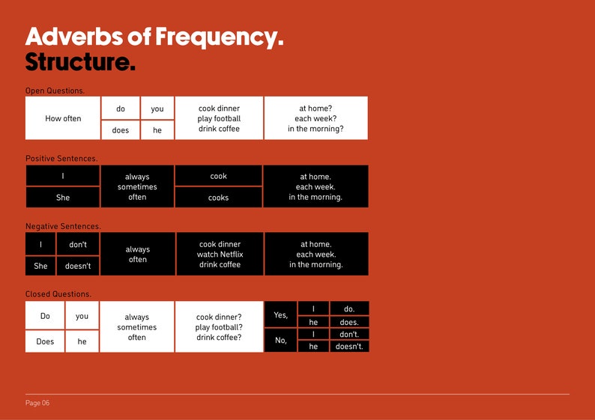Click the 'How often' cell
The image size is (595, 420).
point(63,118)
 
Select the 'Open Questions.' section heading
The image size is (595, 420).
point(55,91)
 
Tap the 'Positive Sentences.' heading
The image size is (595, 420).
point(61,159)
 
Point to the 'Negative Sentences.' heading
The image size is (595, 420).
point(63,226)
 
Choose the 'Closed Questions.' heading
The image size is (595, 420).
point(58,294)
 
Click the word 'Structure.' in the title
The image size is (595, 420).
point(80,62)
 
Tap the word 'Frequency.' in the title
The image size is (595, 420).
point(219,36)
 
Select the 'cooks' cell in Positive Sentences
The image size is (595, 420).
point(218,198)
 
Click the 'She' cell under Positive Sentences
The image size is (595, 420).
point(63,198)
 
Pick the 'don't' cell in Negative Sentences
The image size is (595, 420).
point(78,244)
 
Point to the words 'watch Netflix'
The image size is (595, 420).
point(220,255)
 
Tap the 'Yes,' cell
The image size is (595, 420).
point(281,315)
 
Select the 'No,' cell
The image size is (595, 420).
point(281,339)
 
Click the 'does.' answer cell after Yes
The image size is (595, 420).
point(349,323)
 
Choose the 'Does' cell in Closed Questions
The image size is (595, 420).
point(45,341)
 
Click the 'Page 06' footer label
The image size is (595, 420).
point(37,403)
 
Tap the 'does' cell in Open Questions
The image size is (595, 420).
point(121,130)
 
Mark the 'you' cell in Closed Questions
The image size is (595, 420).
point(82,316)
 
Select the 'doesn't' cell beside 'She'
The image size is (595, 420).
point(78,266)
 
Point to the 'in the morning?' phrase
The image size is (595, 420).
point(315,129)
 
